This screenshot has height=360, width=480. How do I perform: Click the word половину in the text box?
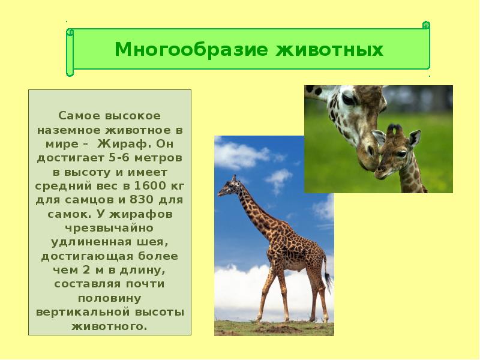109,298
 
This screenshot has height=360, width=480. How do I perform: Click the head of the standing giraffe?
227,187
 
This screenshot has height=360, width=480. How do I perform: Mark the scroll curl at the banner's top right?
426,25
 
